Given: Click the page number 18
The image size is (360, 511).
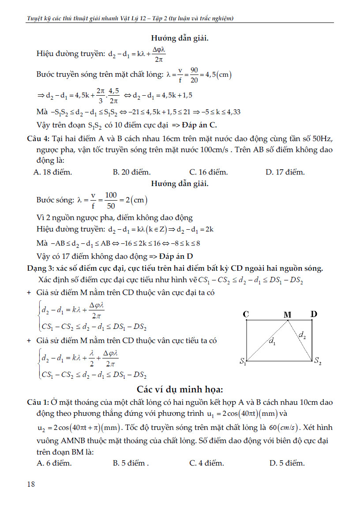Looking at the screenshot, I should (x=31, y=484).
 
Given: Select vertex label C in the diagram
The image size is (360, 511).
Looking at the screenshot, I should (x=246, y=314).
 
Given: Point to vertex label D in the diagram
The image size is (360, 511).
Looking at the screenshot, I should (x=314, y=314).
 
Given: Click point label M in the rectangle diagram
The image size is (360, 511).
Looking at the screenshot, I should (x=287, y=314).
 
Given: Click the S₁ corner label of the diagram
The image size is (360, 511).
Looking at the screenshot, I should (x=243, y=362).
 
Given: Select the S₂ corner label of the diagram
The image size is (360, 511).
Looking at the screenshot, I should (x=318, y=361).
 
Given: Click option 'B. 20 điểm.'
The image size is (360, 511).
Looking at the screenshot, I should (x=131, y=172).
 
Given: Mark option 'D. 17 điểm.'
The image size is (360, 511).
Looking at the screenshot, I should (x=285, y=172).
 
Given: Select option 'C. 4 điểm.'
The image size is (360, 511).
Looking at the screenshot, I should (x=206, y=463).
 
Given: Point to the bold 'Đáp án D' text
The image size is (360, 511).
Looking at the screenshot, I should (x=173, y=256).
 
